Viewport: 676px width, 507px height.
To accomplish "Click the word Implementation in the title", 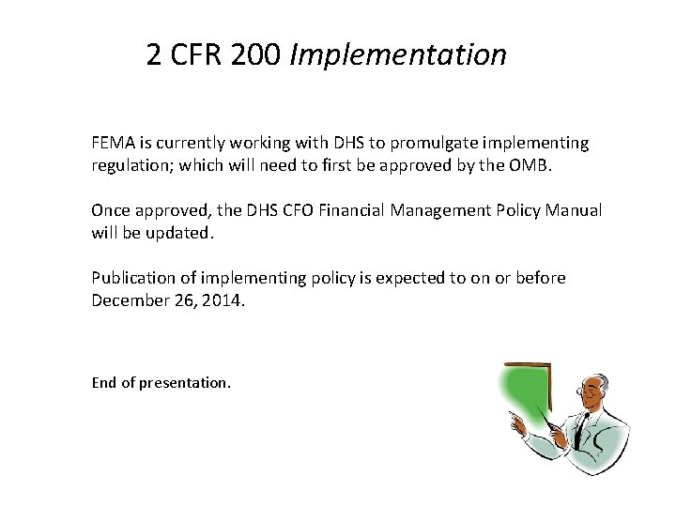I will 398,55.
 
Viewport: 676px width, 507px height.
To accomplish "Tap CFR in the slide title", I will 194,55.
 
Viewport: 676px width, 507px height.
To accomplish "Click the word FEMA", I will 113,144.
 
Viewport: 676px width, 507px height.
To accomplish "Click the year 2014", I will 223,300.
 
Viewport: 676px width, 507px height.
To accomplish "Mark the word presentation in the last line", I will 184,383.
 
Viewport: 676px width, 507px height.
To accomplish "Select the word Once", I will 111,210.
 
